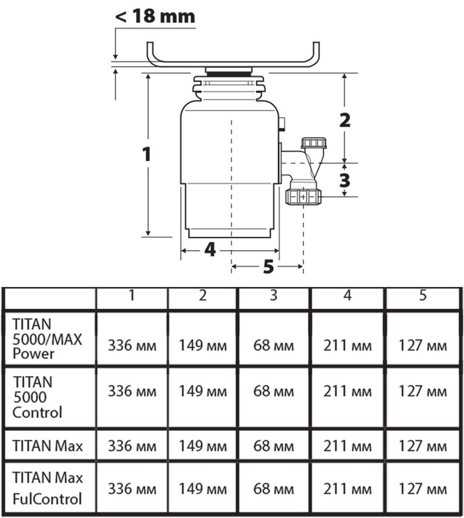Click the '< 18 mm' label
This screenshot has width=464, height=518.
155,16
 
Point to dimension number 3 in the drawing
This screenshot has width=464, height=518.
345,180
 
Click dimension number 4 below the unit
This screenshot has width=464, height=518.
209,250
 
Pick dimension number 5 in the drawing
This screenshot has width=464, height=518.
267,267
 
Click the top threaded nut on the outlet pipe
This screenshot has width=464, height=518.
313,143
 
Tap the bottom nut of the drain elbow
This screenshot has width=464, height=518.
303,197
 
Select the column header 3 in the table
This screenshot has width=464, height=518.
274,296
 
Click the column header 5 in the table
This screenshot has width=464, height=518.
423,296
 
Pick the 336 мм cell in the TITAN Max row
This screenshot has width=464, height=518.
131,445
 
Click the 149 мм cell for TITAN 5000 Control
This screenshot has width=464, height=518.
203,391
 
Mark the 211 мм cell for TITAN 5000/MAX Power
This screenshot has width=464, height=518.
347,346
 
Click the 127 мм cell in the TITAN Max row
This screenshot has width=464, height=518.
423,445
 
